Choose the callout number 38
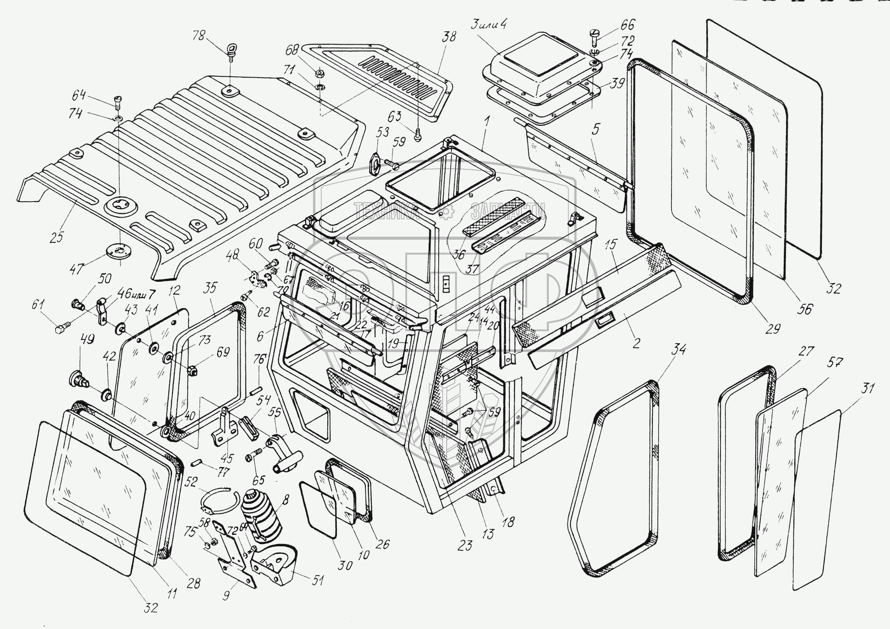[449, 36]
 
